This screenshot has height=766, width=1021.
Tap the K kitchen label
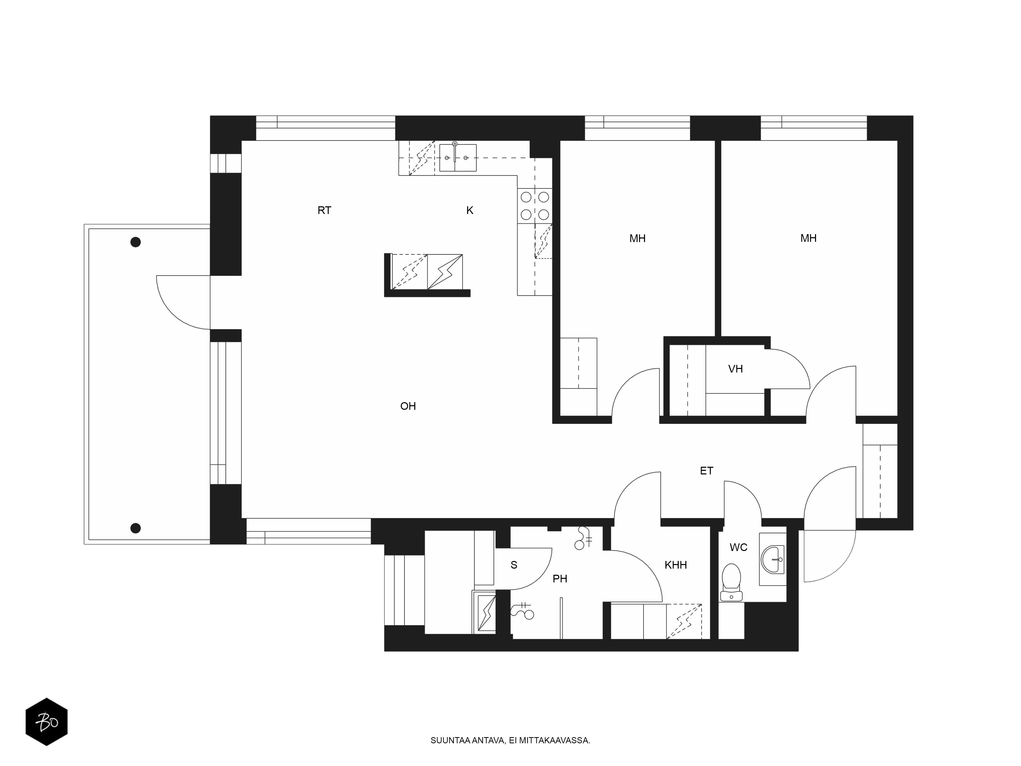point(470,211)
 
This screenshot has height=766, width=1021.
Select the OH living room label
point(408,406)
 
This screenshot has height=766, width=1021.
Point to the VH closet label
point(735,369)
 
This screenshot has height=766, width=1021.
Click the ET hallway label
point(707,471)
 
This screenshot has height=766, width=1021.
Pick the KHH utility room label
point(676,565)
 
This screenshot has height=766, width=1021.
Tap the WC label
point(738,548)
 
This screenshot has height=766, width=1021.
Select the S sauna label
point(514,565)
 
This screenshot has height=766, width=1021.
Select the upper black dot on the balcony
point(135,242)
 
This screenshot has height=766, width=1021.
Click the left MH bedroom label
point(637,239)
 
